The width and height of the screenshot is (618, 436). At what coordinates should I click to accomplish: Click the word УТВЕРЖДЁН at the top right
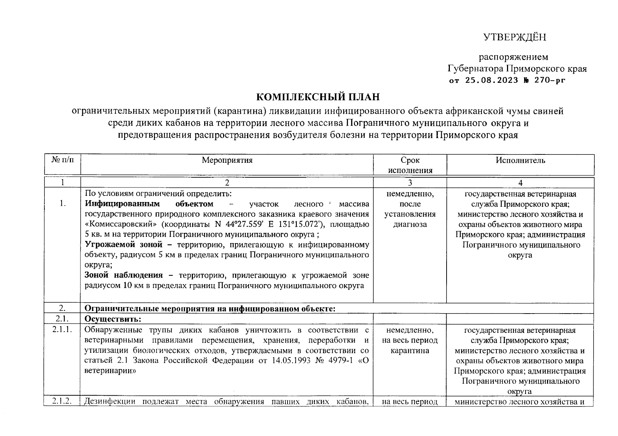pos(515,37)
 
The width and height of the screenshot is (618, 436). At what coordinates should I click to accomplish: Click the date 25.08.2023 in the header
pos(491,81)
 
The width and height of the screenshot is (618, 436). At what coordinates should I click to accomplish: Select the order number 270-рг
pos(550,81)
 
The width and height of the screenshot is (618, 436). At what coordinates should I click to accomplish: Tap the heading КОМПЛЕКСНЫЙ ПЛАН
pos(318,97)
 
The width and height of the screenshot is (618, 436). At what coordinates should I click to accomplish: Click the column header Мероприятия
pos(227,160)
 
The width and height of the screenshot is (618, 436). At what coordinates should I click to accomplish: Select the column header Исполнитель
pos(520,160)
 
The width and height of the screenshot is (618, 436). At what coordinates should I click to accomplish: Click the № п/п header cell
pos(62,160)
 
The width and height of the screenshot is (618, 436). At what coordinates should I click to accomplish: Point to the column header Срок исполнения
pos(410,165)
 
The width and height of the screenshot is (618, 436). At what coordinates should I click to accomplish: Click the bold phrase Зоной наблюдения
pos(123,275)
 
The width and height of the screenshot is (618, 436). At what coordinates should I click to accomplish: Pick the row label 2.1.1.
pos(62,330)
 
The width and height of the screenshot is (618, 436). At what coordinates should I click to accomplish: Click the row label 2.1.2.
pos(62,401)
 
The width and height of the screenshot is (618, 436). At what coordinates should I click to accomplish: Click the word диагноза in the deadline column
pos(410,225)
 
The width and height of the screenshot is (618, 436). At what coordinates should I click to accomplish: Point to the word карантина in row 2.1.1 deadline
pos(410,351)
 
